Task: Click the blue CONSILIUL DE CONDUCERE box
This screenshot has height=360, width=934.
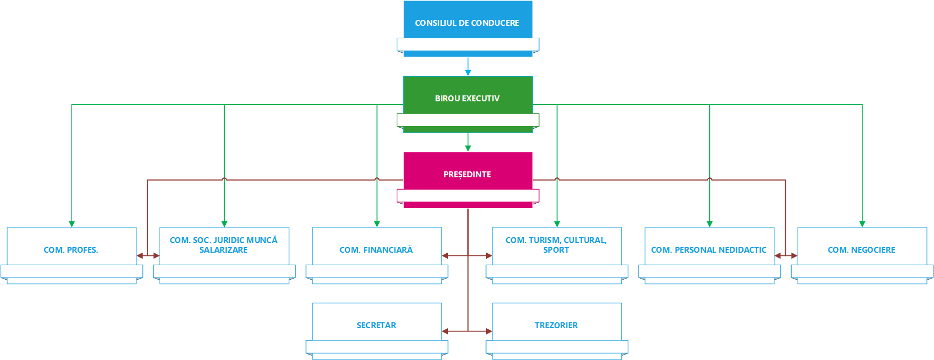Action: click(x=467, y=23)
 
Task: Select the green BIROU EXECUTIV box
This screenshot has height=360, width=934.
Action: click(x=467, y=98)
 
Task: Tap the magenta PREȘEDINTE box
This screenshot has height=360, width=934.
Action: click(x=467, y=174)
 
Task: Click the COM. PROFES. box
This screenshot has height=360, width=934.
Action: click(x=71, y=250)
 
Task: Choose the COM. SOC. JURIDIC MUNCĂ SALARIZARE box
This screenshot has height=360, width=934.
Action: click(x=224, y=245)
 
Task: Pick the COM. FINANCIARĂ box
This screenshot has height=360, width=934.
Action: click(x=376, y=250)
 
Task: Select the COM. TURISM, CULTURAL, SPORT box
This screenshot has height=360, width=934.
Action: click(x=556, y=245)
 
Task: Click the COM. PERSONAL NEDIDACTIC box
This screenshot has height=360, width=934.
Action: click(x=709, y=250)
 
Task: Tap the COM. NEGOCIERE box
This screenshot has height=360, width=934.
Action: click(x=861, y=250)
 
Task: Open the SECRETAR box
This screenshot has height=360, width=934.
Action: click(x=376, y=325)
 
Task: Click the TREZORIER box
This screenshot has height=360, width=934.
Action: click(x=556, y=325)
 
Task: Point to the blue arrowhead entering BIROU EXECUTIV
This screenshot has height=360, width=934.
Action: click(x=468, y=73)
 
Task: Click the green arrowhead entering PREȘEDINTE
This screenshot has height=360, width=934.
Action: click(x=468, y=148)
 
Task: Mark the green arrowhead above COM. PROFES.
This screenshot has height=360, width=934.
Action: click(x=72, y=224)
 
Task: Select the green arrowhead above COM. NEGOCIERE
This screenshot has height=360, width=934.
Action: click(x=862, y=224)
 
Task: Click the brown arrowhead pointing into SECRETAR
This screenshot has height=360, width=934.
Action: click(x=445, y=331)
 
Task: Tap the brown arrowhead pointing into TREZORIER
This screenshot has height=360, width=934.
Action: click(x=489, y=331)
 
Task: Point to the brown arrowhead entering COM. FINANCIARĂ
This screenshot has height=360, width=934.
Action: click(x=445, y=255)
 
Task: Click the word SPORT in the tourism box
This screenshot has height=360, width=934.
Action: click(x=556, y=250)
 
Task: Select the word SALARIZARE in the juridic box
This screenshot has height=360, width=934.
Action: click(x=224, y=250)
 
